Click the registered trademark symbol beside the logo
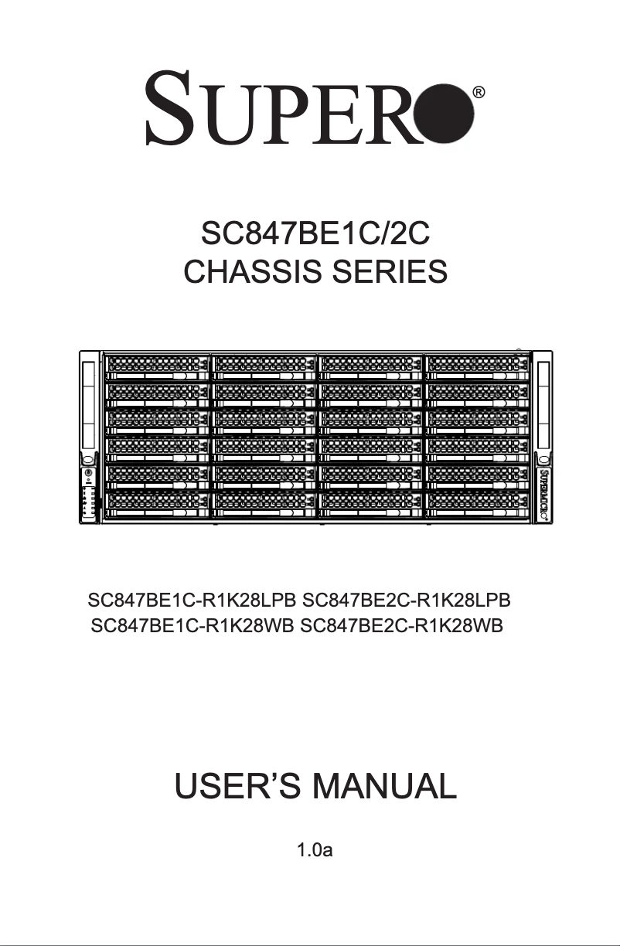click(479, 93)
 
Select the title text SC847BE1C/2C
click(315, 233)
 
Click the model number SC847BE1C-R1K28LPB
click(192, 601)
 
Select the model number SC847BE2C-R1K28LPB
click(407, 601)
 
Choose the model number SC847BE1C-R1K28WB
click(192, 624)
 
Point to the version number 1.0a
click(315, 852)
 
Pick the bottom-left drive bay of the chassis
click(157, 503)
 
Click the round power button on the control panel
click(89, 473)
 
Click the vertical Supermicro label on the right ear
click(544, 495)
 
